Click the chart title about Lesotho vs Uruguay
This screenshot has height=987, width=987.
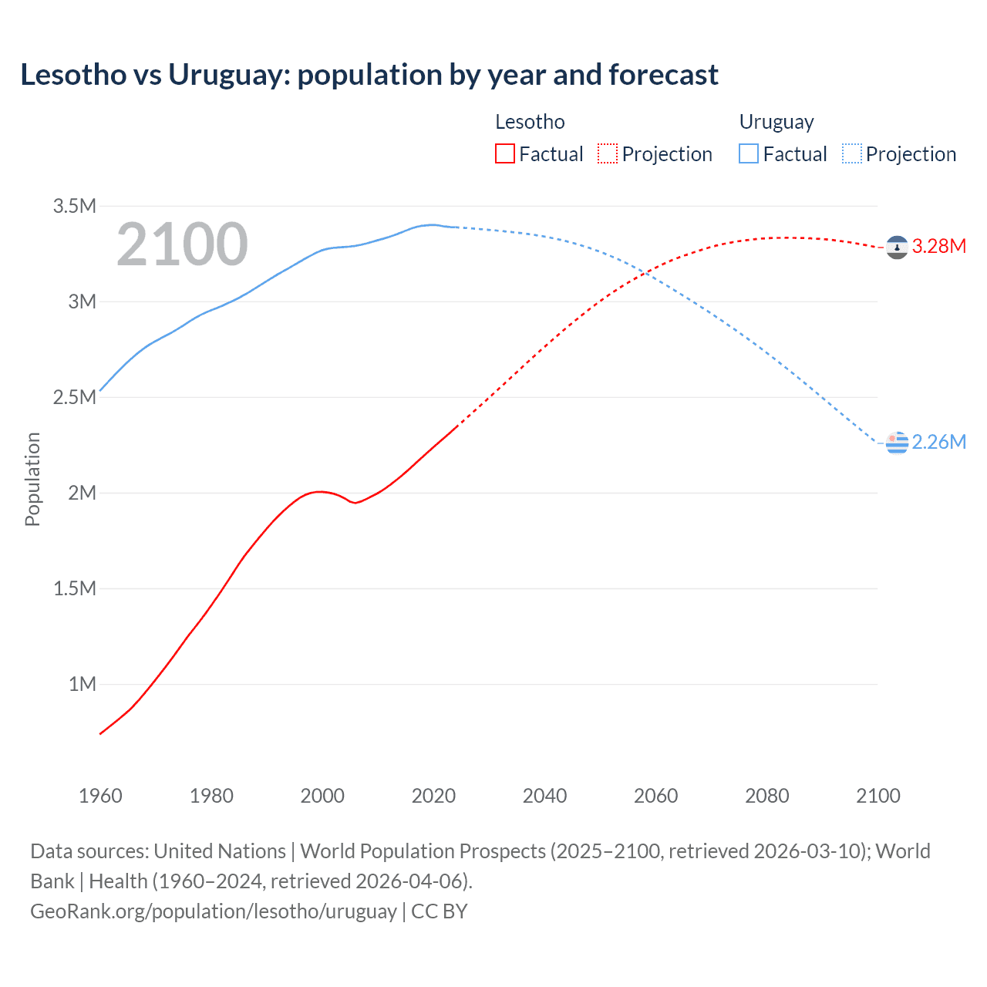[x=369, y=75]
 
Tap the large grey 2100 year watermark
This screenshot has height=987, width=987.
[x=182, y=244]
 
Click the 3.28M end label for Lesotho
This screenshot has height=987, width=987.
[x=938, y=246]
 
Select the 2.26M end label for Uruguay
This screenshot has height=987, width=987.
[x=938, y=442]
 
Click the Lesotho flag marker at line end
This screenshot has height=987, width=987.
[x=897, y=248]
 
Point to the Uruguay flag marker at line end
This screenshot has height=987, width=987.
[x=897, y=443]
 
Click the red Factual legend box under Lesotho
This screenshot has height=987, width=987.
[x=505, y=153]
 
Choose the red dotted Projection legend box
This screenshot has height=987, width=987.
[x=608, y=153]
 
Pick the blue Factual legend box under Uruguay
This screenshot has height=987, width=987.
[x=749, y=153]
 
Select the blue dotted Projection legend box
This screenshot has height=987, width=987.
[x=852, y=153]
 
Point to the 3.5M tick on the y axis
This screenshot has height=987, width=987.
[x=74, y=206]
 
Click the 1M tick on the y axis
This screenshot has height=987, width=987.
[x=82, y=684]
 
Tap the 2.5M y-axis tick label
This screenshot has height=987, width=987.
[x=74, y=397]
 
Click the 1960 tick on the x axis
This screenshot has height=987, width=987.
[x=100, y=796]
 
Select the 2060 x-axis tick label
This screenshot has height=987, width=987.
[x=655, y=796]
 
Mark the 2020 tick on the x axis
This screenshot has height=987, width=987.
[x=433, y=796]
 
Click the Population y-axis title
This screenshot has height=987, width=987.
[x=32, y=479]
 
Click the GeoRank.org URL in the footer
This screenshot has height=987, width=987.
[x=214, y=911]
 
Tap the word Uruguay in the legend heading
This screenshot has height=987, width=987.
[x=776, y=122]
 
